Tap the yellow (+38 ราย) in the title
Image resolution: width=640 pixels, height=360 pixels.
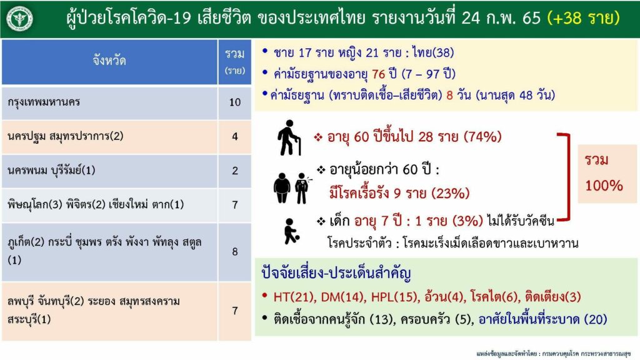[x=583, y=18]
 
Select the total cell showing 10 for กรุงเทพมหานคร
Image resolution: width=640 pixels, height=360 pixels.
[x=235, y=102]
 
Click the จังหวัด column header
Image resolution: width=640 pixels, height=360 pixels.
[x=109, y=62]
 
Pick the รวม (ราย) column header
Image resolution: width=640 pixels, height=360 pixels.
[x=235, y=62]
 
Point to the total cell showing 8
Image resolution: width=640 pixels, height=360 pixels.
[x=235, y=252]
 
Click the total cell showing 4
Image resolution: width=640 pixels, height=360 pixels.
[x=235, y=136]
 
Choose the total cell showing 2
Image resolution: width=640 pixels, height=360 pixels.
[x=235, y=171]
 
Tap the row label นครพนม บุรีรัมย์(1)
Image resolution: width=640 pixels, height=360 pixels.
[x=51, y=170]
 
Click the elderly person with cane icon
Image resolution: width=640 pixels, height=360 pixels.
[x=289, y=137]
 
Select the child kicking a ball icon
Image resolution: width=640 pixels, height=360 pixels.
[x=291, y=231]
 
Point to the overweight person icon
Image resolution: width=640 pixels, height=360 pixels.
[x=282, y=187]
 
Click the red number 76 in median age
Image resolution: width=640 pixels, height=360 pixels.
[x=378, y=74]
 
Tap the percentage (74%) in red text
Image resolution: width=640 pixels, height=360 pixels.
[x=482, y=136]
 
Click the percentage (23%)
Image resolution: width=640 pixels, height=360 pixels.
[x=450, y=193]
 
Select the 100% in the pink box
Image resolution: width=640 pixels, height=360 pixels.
[x=604, y=186]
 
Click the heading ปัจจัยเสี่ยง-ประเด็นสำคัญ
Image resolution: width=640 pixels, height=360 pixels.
[x=336, y=272]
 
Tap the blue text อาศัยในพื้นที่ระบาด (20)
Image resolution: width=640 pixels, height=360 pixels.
[x=543, y=319]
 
